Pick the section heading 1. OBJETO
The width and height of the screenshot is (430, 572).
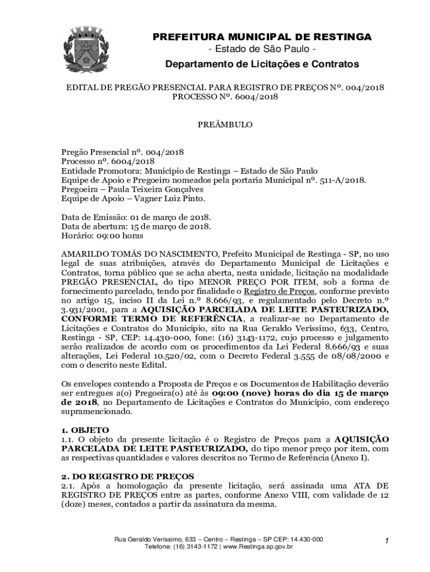85,430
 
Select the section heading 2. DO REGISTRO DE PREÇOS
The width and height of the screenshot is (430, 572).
127,476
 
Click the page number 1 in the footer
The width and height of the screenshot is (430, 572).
386,540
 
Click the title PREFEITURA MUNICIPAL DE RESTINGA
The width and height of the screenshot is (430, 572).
262,37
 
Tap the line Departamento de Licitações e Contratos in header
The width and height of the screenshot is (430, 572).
262,65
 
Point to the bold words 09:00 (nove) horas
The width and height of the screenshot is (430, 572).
266,393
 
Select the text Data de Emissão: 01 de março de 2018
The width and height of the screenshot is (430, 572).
136,217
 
